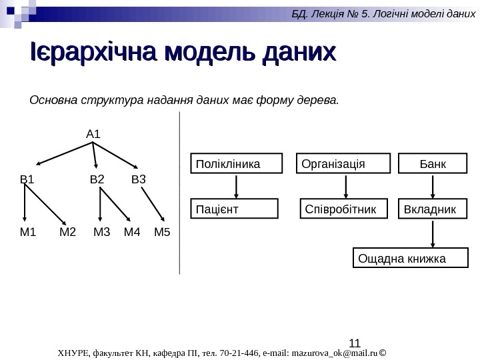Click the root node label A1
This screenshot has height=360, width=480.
coord(93,134)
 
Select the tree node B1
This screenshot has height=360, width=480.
coord(27,179)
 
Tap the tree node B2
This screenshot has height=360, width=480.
coord(97,179)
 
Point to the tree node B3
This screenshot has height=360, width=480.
coord(138,179)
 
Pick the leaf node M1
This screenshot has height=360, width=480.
coord(27,233)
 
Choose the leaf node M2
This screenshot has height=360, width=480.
coord(68,233)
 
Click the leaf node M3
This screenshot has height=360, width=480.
coord(101,233)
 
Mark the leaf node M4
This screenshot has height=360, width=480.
coord(132,233)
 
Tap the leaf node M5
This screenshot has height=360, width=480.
coord(162,233)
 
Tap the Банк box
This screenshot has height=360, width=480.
coord(433,163)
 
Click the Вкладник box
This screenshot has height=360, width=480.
coord(433,209)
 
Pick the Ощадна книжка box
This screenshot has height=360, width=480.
coord(410,257)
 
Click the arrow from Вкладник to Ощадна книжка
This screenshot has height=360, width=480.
coord(434,233)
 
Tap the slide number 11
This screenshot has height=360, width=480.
coord(355,344)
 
